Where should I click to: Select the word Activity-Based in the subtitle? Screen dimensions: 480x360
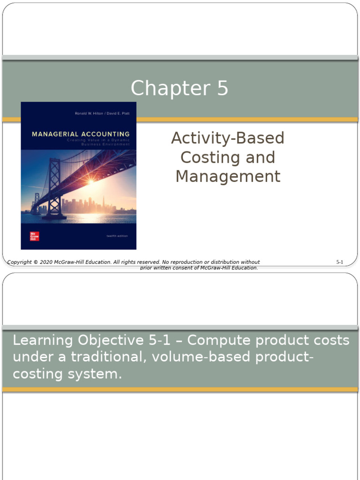point(228,138)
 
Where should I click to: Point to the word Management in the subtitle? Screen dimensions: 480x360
point(228,177)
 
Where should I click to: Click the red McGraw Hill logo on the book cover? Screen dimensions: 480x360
point(34,236)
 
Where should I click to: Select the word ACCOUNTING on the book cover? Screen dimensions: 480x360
point(105,134)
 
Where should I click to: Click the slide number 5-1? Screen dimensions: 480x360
point(340,262)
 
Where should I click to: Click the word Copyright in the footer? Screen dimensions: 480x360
point(19,262)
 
